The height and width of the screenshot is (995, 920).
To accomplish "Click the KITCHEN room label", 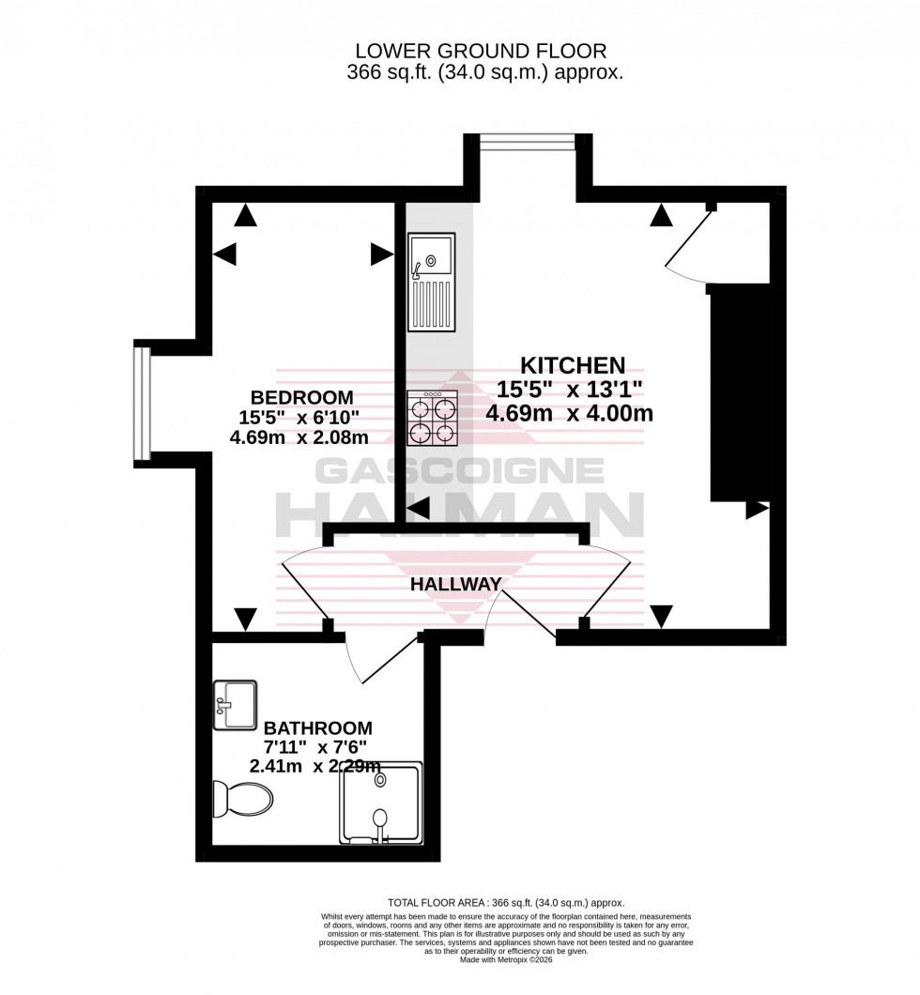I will coord(573,364).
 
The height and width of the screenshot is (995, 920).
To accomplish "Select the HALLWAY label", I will coord(455,584).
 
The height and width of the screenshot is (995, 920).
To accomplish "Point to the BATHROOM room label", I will coord(317,727).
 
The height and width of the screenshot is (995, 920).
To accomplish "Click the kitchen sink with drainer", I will coord(432,282).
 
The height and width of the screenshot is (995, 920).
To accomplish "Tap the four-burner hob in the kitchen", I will coord(431,419).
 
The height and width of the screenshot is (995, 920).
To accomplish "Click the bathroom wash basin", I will coord(235,704).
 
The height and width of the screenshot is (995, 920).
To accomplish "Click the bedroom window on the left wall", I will coord(141,404).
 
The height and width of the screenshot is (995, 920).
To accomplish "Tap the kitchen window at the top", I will coord(528,142).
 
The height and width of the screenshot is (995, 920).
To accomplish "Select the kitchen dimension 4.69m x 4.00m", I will coord(569,413).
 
